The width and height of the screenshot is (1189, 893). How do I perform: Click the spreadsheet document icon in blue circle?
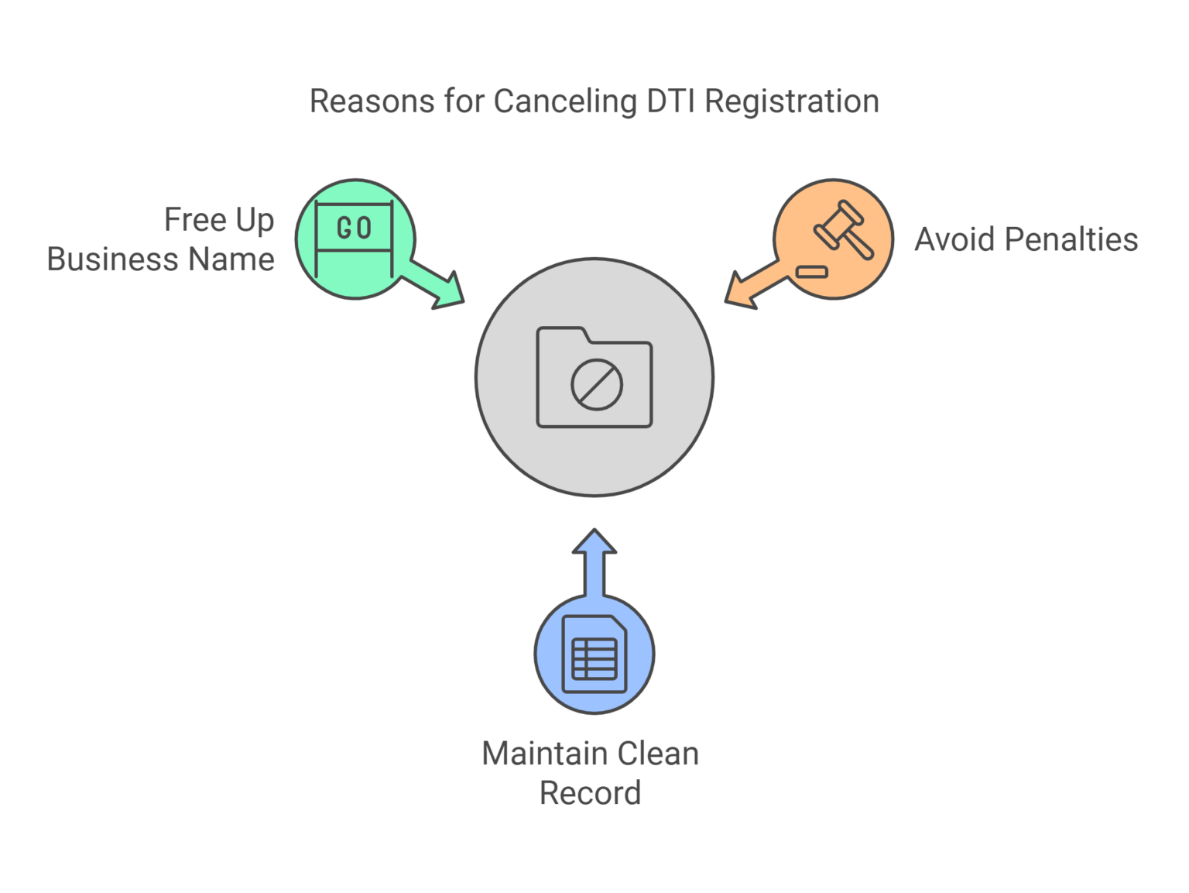coord(594,654)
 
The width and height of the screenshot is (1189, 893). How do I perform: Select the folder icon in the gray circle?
coord(594,377)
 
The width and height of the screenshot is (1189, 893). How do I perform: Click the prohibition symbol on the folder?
coord(597,385)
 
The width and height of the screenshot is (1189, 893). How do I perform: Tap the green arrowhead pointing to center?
coord(449,294)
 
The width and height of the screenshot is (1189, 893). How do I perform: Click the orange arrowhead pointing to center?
coord(740,294)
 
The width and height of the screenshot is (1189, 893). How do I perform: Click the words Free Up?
coord(220,220)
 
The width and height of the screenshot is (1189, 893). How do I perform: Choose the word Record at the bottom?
coord(591,793)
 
